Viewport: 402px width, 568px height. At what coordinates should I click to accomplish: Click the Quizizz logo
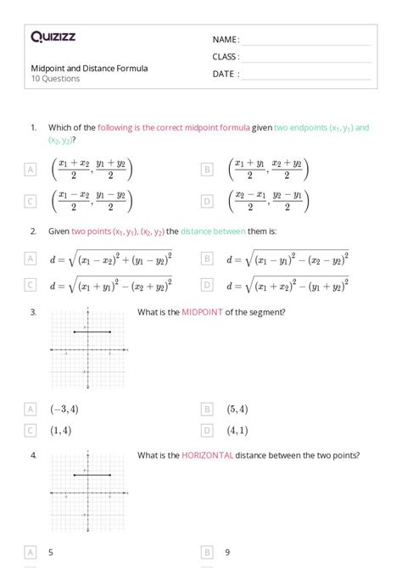pos(53,36)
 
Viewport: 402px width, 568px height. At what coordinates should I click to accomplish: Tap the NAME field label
pos(226,40)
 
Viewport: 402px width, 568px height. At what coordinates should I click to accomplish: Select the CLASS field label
pos(226,57)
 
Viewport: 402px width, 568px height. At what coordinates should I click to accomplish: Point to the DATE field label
pos(226,74)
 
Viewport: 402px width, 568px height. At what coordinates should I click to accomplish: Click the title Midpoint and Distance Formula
pos(89,68)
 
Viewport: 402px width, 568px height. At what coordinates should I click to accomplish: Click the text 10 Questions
pos(55,79)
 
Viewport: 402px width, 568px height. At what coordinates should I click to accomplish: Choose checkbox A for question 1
pos(31,170)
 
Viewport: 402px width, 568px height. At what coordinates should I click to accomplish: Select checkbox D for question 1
pos(207,202)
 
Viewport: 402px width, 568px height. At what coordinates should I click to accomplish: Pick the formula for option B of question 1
pos(268,169)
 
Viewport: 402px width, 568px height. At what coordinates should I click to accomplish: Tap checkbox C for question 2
pos(31,286)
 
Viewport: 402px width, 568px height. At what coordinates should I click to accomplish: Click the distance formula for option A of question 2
pos(111,259)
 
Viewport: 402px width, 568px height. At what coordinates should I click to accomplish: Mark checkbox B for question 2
pos(207,259)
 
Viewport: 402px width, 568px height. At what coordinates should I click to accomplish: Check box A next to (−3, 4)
pos(31,409)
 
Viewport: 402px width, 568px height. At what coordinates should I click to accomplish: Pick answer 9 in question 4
pos(228,552)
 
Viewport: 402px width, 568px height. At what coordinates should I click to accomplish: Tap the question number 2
pos(33,231)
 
